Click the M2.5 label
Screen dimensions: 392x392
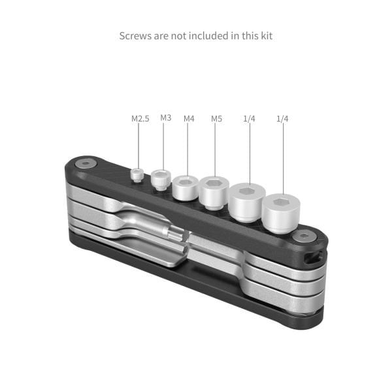pos(140,119)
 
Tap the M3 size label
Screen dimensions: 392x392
pos(166,118)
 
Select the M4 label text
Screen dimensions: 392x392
pos(189,119)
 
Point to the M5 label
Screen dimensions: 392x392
pos(216,119)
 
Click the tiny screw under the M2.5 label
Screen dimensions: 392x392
pos(137,174)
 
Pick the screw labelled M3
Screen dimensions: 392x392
pos(161,180)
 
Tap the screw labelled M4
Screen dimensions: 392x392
pos(186,187)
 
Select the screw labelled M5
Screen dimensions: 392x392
pos(212,191)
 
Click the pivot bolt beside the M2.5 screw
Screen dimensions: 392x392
pos(85,165)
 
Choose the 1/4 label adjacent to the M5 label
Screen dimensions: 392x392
pos(248,119)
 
